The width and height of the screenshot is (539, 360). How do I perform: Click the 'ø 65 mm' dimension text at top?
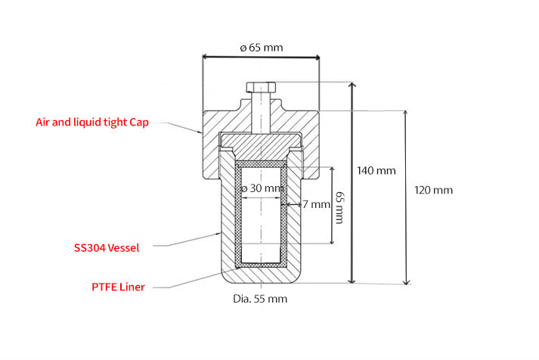click(x=261, y=47)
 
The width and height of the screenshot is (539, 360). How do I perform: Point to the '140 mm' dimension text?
click(x=376, y=170)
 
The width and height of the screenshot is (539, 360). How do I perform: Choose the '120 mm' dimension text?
click(x=434, y=190)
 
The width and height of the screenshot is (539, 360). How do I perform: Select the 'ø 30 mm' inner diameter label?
click(x=261, y=188)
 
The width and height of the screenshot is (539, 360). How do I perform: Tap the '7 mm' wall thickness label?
click(x=317, y=204)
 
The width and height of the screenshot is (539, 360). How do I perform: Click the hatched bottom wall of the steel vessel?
click(x=261, y=276)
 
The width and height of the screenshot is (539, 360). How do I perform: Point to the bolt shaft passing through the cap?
click(x=261, y=113)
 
